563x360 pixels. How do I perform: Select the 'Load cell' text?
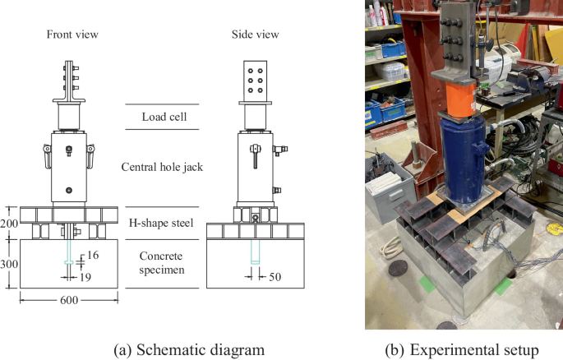pos(161,117)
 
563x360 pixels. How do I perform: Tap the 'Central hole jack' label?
pos(161,168)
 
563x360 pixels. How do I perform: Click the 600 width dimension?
pos(68,301)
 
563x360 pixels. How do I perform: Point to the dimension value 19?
pos(85,277)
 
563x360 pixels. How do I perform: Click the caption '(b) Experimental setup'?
pos(464,349)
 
